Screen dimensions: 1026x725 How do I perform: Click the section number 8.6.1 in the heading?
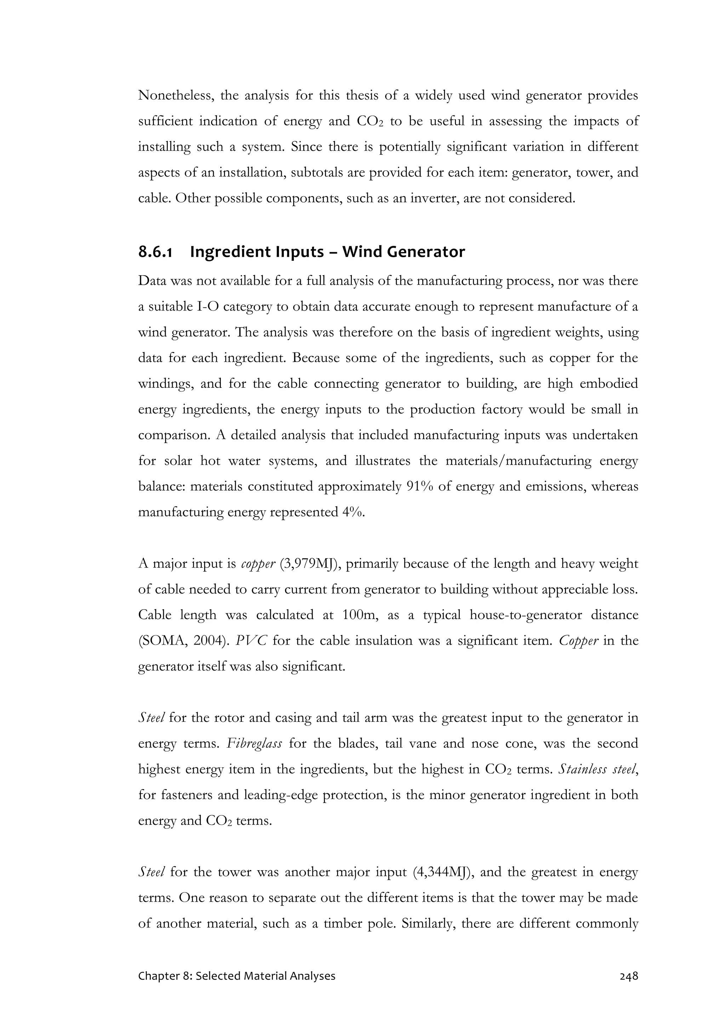[155, 252]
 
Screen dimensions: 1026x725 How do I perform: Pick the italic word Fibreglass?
[254, 744]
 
